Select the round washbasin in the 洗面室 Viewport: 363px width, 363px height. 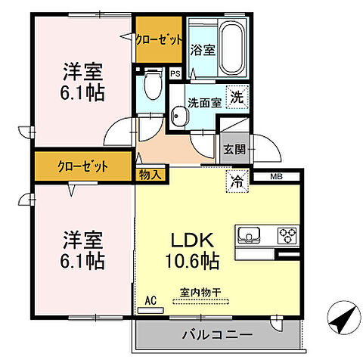pos(179,116)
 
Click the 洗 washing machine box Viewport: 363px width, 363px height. pos(237,97)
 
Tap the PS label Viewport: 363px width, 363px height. pos(175,73)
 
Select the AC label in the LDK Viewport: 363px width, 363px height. pos(150,301)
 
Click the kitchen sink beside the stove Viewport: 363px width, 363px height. pos(252,234)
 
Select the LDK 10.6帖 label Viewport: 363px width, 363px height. pos(194,251)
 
